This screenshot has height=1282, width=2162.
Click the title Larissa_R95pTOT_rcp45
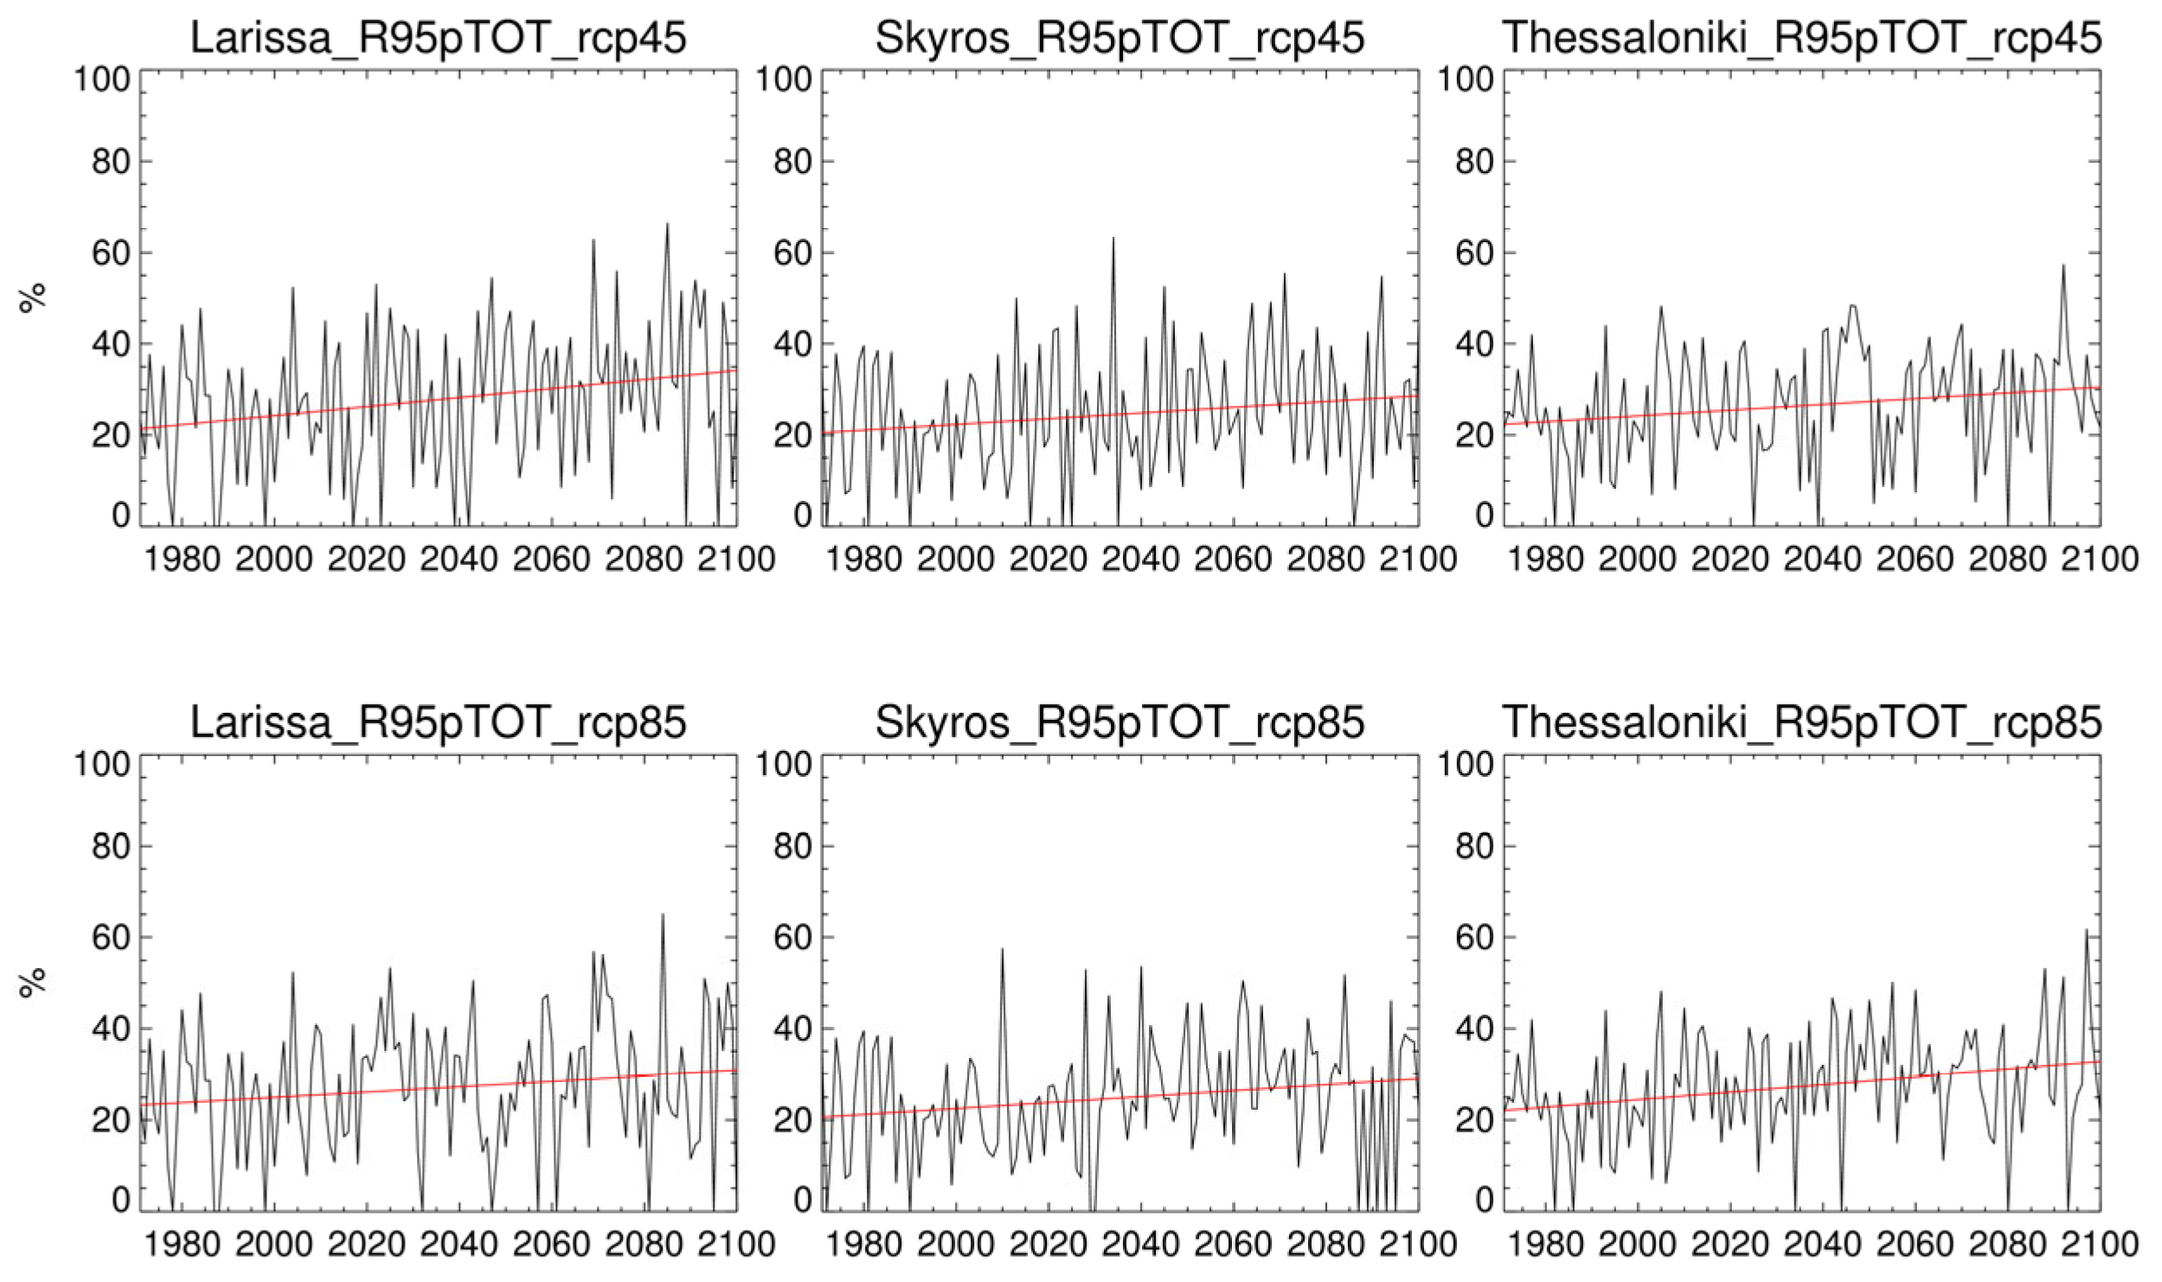[438, 38]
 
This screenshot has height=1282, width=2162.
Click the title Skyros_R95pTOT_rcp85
[1119, 722]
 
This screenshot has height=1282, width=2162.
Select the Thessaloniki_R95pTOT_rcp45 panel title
[1802, 38]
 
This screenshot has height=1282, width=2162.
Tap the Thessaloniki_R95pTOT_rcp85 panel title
[1802, 722]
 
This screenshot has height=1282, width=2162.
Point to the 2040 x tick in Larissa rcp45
[459, 560]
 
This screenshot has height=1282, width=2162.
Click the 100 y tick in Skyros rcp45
[783, 80]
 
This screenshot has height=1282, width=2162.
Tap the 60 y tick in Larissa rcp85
[110, 938]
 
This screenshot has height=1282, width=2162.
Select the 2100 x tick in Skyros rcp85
[1419, 1244]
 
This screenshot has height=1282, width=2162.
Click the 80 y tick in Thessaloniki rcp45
[1474, 162]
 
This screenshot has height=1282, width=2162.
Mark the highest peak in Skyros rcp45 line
[1113, 238]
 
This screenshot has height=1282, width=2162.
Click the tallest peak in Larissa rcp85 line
[663, 914]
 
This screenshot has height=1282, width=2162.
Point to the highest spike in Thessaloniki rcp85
[2086, 930]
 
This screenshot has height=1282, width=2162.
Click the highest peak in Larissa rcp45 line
[667, 224]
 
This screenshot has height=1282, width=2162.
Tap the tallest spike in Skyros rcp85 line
[1002, 949]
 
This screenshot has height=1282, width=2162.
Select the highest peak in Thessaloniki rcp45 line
[2063, 266]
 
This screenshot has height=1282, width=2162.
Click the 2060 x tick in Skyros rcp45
[1233, 560]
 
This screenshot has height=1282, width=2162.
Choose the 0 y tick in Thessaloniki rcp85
[1484, 1200]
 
